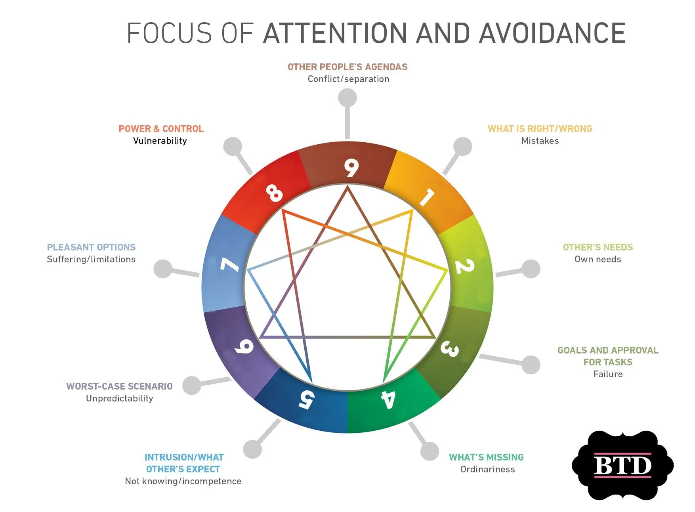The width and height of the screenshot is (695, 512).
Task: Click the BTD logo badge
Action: [x=622, y=465]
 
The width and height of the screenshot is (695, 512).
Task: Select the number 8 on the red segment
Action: [x=274, y=193]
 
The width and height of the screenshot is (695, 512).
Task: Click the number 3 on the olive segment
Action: [x=450, y=349]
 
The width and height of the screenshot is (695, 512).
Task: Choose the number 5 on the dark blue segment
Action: [x=307, y=399]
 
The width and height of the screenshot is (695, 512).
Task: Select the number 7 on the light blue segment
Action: [x=230, y=265]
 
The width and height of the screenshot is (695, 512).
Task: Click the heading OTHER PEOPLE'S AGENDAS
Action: [x=347, y=67]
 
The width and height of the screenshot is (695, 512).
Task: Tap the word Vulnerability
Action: [x=160, y=141]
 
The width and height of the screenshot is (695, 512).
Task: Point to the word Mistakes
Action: [x=540, y=141]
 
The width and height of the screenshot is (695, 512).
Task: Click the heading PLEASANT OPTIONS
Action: [x=91, y=247]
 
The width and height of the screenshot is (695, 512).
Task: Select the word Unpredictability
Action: [x=120, y=398]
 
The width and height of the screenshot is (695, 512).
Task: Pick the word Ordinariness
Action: [x=487, y=469]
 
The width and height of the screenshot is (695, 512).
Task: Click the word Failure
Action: [x=608, y=374]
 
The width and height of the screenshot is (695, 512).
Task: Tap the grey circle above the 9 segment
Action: [x=347, y=97]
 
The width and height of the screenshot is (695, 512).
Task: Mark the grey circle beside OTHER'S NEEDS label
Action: [x=531, y=269]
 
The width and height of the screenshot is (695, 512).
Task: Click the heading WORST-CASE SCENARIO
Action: [x=119, y=386]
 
